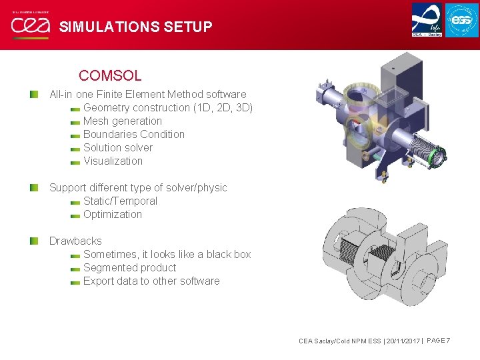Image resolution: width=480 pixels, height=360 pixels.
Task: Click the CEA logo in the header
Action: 30,26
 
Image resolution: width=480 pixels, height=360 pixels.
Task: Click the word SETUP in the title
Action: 190,27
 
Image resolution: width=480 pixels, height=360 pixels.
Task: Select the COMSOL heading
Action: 110,76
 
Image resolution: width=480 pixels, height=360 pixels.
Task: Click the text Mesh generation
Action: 123,121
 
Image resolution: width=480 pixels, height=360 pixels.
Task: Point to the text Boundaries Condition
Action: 134,134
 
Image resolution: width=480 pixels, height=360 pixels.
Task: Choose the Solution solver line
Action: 118,147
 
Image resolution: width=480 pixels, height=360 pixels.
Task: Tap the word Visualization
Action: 113,161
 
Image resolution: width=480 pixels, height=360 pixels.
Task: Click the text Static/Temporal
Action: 120,201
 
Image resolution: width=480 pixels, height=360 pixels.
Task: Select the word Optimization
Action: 113,214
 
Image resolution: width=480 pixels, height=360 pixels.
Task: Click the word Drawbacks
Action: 75,241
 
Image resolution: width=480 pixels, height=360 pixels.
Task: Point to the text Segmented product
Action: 129,267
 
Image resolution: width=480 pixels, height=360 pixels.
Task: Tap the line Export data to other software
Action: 151,281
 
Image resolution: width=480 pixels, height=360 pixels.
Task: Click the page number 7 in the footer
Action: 448,341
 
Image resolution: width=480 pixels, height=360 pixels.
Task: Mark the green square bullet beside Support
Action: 34,187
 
